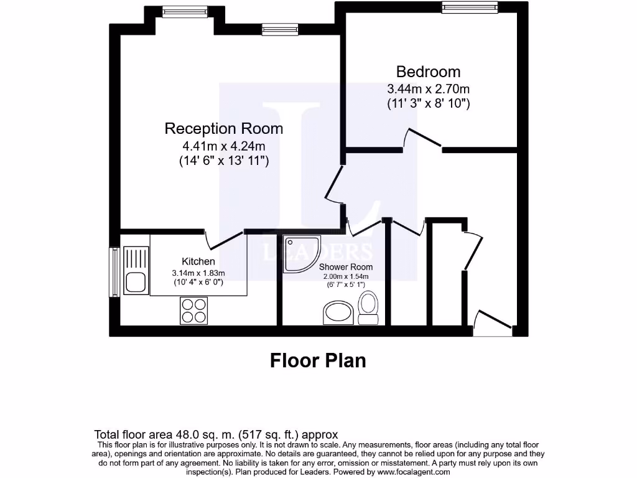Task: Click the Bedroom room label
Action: [428, 72]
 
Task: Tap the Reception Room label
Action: [223, 129]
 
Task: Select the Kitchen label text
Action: [198, 261]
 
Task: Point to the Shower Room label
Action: [346, 267]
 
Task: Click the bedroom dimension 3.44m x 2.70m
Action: [428, 89]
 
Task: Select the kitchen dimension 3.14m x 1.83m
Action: [198, 273]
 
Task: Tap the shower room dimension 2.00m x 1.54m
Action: [346, 276]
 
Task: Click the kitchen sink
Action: [135, 270]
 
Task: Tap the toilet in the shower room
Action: [368, 309]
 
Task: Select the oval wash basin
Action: [338, 313]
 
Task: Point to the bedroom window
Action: [470, 7]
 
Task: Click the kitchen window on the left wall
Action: [114, 272]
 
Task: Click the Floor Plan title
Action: [318, 360]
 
